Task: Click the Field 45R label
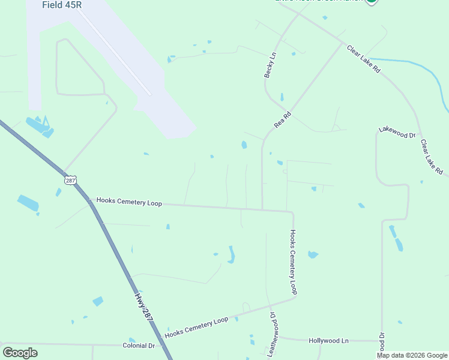tap(62, 5)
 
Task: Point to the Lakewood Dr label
tap(397, 133)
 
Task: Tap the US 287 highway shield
tap(71, 179)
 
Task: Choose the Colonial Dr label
tap(139, 346)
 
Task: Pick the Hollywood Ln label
tap(328, 340)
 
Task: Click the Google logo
tap(20, 353)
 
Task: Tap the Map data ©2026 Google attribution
tap(412, 355)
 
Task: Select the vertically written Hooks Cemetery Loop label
tap(294, 262)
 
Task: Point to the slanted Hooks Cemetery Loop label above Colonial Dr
tap(196, 327)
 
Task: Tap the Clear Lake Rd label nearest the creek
tap(364, 58)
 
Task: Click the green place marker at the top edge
tap(372, 2)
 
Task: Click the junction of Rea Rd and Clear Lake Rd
tap(343, 44)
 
